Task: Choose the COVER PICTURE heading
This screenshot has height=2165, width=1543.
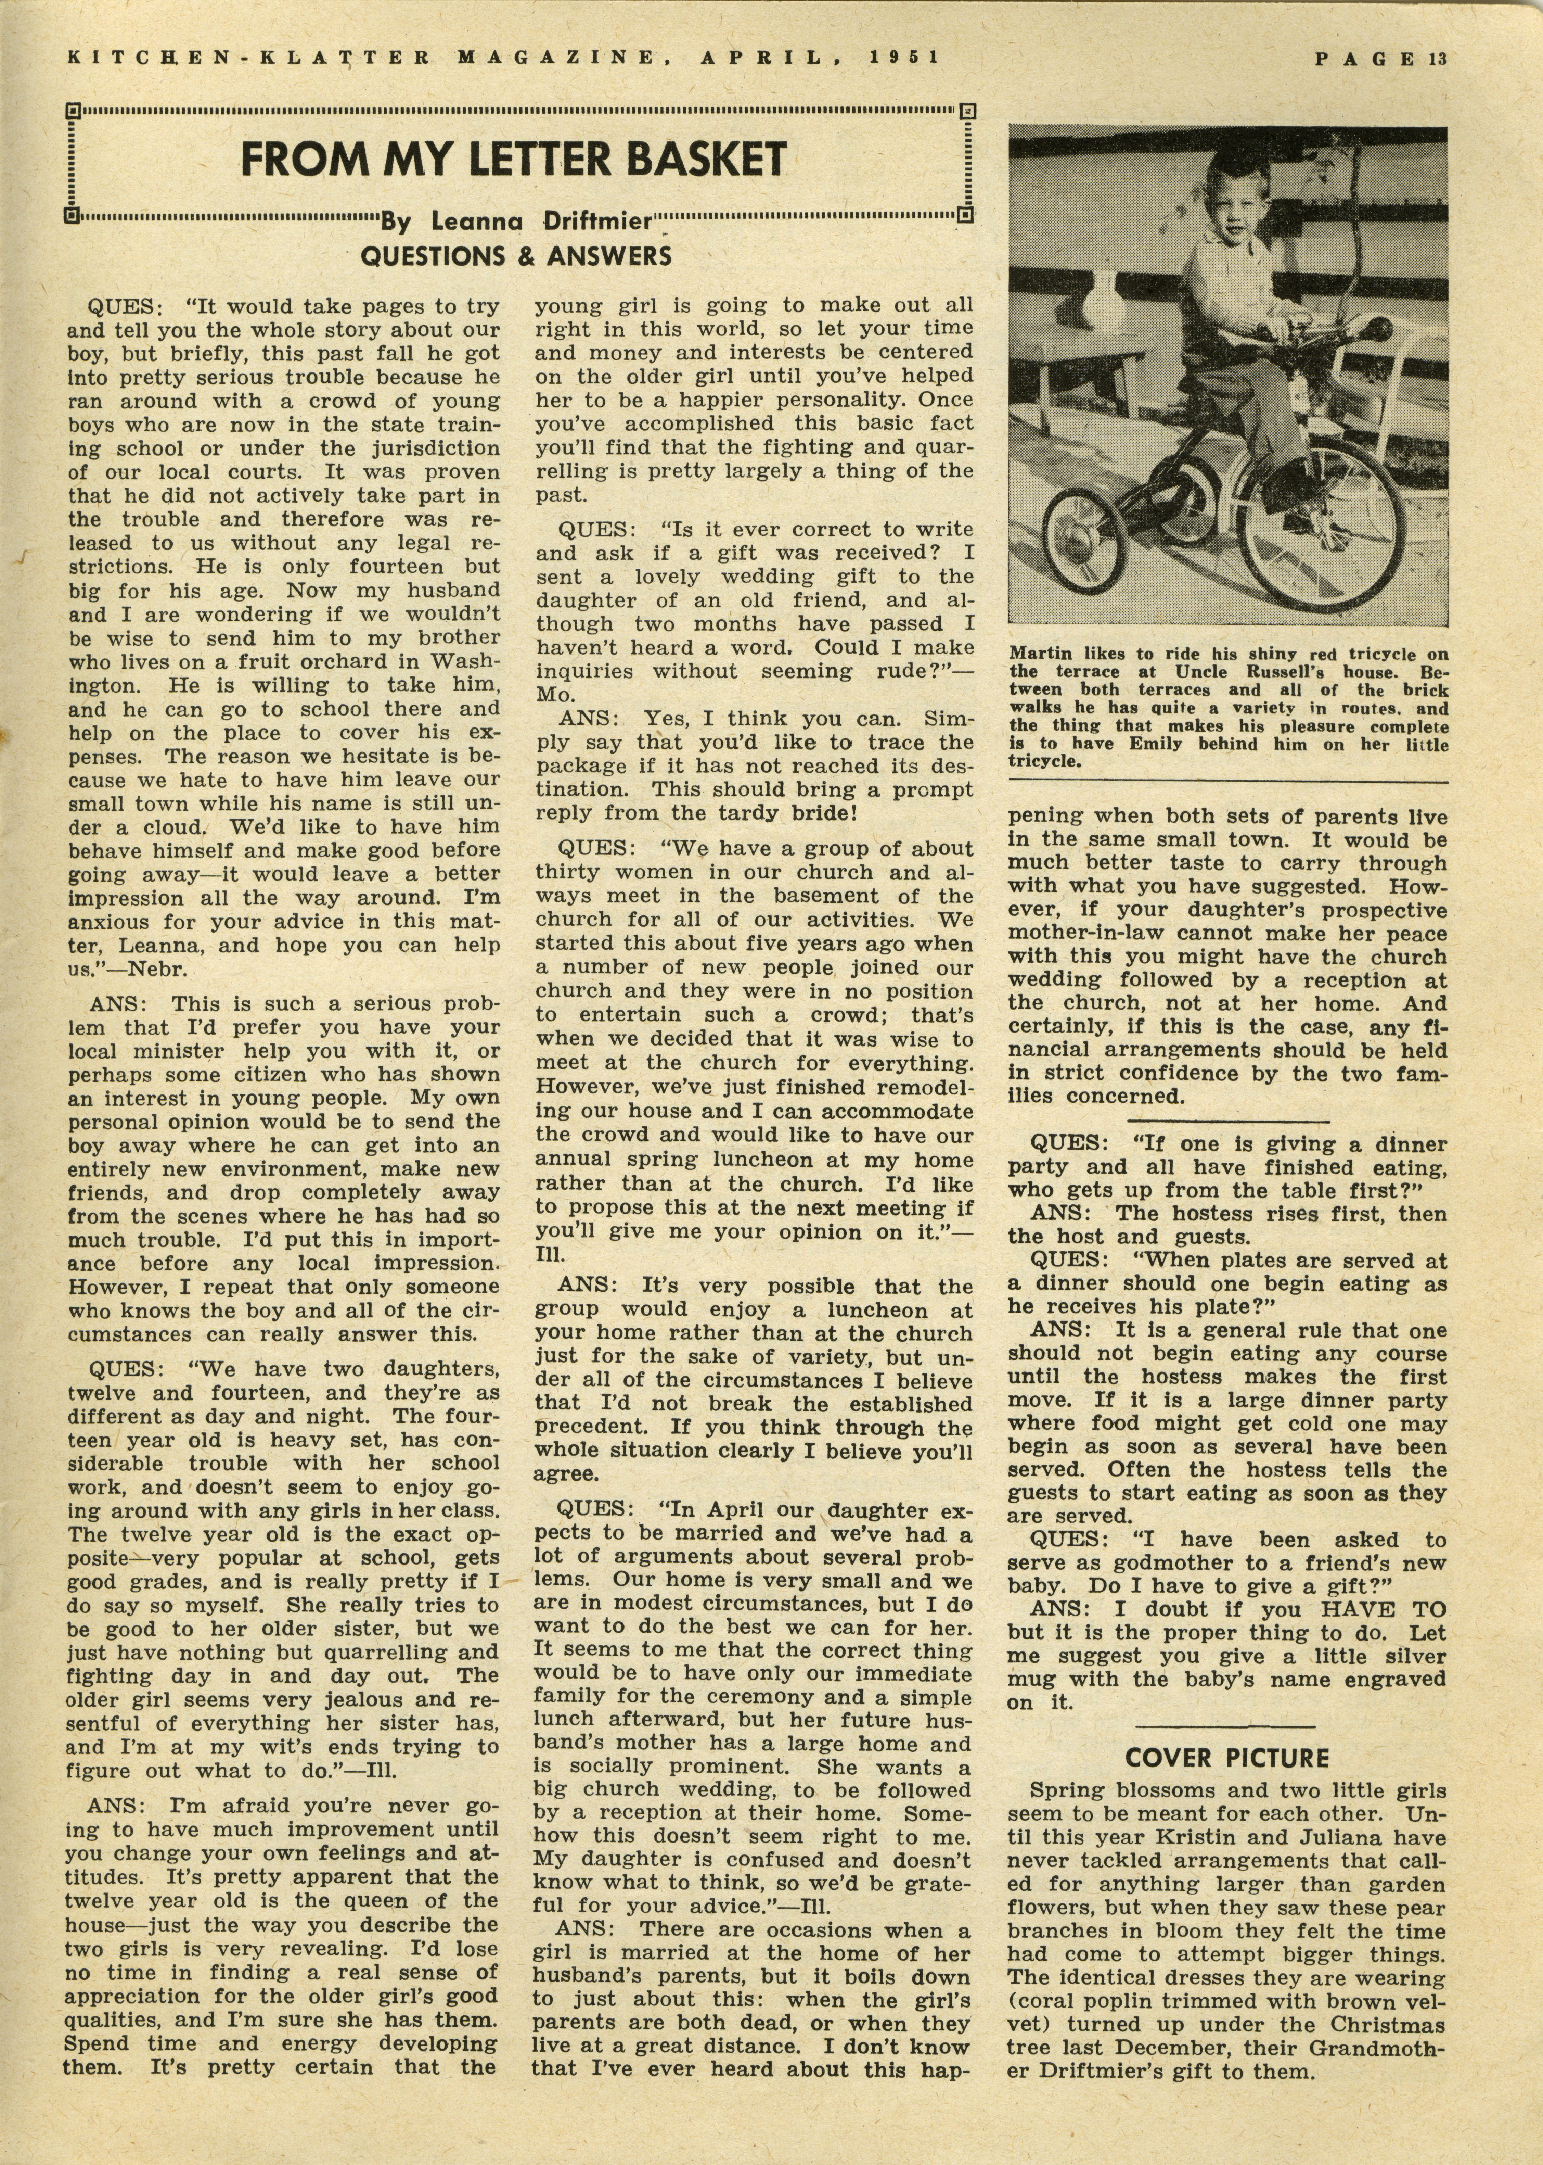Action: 1226,1758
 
